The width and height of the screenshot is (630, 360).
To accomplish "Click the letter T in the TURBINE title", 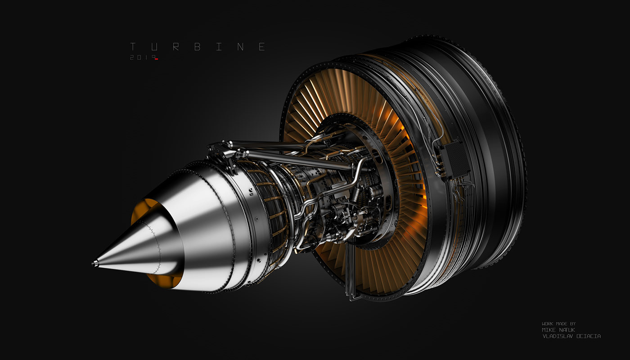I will [133, 47].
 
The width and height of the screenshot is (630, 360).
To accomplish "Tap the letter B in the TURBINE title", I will [197, 47].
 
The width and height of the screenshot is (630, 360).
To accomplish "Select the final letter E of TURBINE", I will [262, 47].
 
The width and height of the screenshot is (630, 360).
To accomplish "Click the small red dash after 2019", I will [156, 59].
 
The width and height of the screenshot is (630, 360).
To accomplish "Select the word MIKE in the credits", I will [549, 329].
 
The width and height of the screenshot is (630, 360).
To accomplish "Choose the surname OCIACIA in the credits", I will [587, 336].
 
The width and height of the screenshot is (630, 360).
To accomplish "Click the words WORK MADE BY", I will [558, 324].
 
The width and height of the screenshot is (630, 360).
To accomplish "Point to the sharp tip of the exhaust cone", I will [94, 263].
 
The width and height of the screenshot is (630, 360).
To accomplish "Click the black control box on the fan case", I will [454, 159].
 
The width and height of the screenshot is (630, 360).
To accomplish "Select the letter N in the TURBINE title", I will [240, 47].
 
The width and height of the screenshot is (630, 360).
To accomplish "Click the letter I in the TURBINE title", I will [219, 47].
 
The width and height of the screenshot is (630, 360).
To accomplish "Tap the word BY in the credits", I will [572, 324].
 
